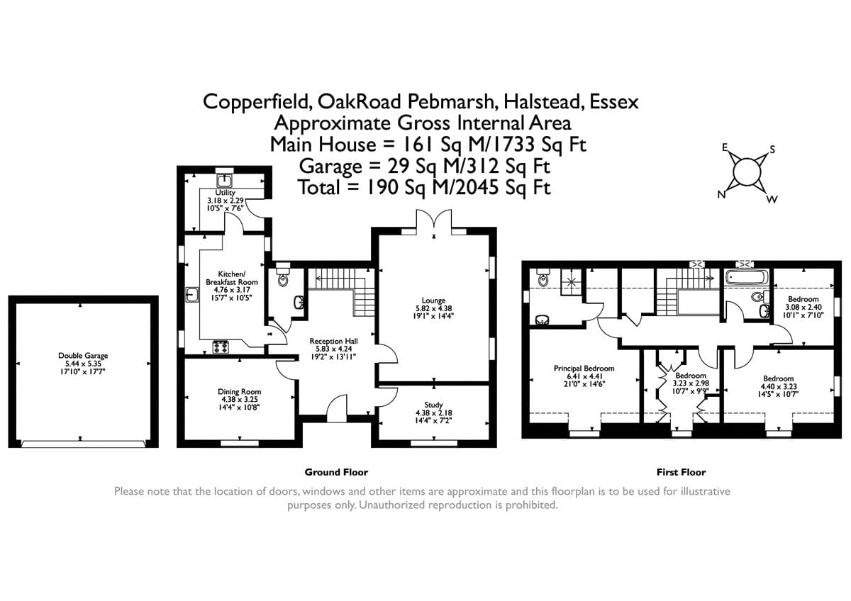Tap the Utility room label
(x=226, y=192)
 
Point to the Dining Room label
(x=239, y=391)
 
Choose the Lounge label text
(x=433, y=300)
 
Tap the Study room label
(x=433, y=405)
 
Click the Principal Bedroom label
(x=584, y=369)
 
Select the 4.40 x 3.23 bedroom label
(x=778, y=378)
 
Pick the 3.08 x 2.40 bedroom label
(x=803, y=299)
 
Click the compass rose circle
(x=746, y=172)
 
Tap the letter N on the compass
(x=721, y=196)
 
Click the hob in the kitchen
(x=221, y=347)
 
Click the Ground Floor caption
(x=336, y=472)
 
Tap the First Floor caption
(x=681, y=472)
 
